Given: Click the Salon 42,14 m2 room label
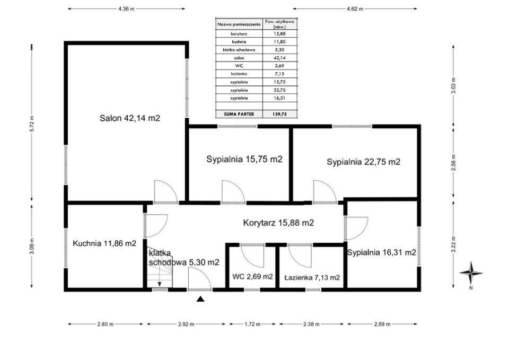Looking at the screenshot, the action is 130,118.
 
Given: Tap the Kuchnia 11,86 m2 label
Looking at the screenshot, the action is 104,243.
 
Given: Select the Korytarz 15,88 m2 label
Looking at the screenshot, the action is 278,223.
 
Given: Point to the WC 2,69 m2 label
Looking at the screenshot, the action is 252,277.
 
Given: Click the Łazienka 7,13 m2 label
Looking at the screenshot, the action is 312,277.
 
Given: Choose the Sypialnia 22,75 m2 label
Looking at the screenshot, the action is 364,162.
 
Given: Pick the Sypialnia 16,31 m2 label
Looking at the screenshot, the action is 382,252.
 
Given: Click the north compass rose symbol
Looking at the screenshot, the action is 471,274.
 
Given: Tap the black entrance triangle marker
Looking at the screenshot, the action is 200,299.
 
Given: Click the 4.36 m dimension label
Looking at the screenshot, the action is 126,9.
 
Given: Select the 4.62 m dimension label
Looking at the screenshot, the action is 355,9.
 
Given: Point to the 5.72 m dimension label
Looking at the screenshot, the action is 32,124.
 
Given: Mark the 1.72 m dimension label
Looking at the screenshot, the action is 252,324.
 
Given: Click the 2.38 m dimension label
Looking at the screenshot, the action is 311,324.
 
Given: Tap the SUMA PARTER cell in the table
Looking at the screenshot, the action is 239,114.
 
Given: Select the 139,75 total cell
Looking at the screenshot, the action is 280,114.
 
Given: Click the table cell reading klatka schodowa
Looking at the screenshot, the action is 239,50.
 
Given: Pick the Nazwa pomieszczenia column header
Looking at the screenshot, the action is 239,24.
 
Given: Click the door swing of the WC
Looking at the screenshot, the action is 252,256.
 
